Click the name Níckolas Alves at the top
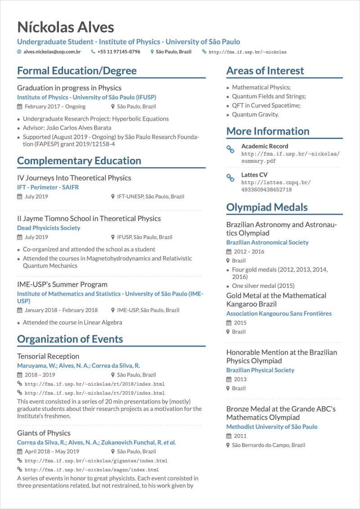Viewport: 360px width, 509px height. tap(65, 27)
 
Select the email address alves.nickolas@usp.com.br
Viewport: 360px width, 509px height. tap(52, 52)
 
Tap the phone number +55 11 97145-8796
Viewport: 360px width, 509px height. tap(119, 52)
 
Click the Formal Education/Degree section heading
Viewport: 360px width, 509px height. tap(76, 71)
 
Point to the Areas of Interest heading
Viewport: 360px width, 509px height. tap(265, 71)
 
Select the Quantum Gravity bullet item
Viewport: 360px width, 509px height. tap(255, 114)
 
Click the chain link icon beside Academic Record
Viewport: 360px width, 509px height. tap(230, 149)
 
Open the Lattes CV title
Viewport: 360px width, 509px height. tap(254, 175)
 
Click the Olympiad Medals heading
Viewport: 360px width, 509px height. tap(267, 207)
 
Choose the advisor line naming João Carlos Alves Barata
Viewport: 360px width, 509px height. tap(67, 128)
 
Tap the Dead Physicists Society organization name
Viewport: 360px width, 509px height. tap(49, 228)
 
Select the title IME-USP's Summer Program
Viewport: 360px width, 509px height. tap(62, 284)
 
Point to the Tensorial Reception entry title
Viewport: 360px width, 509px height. tap(48, 356)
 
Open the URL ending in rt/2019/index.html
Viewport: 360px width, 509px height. tap(94, 393)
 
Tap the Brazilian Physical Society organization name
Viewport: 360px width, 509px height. tap(260, 370)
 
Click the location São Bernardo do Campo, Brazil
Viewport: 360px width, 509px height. tap(268, 445)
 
